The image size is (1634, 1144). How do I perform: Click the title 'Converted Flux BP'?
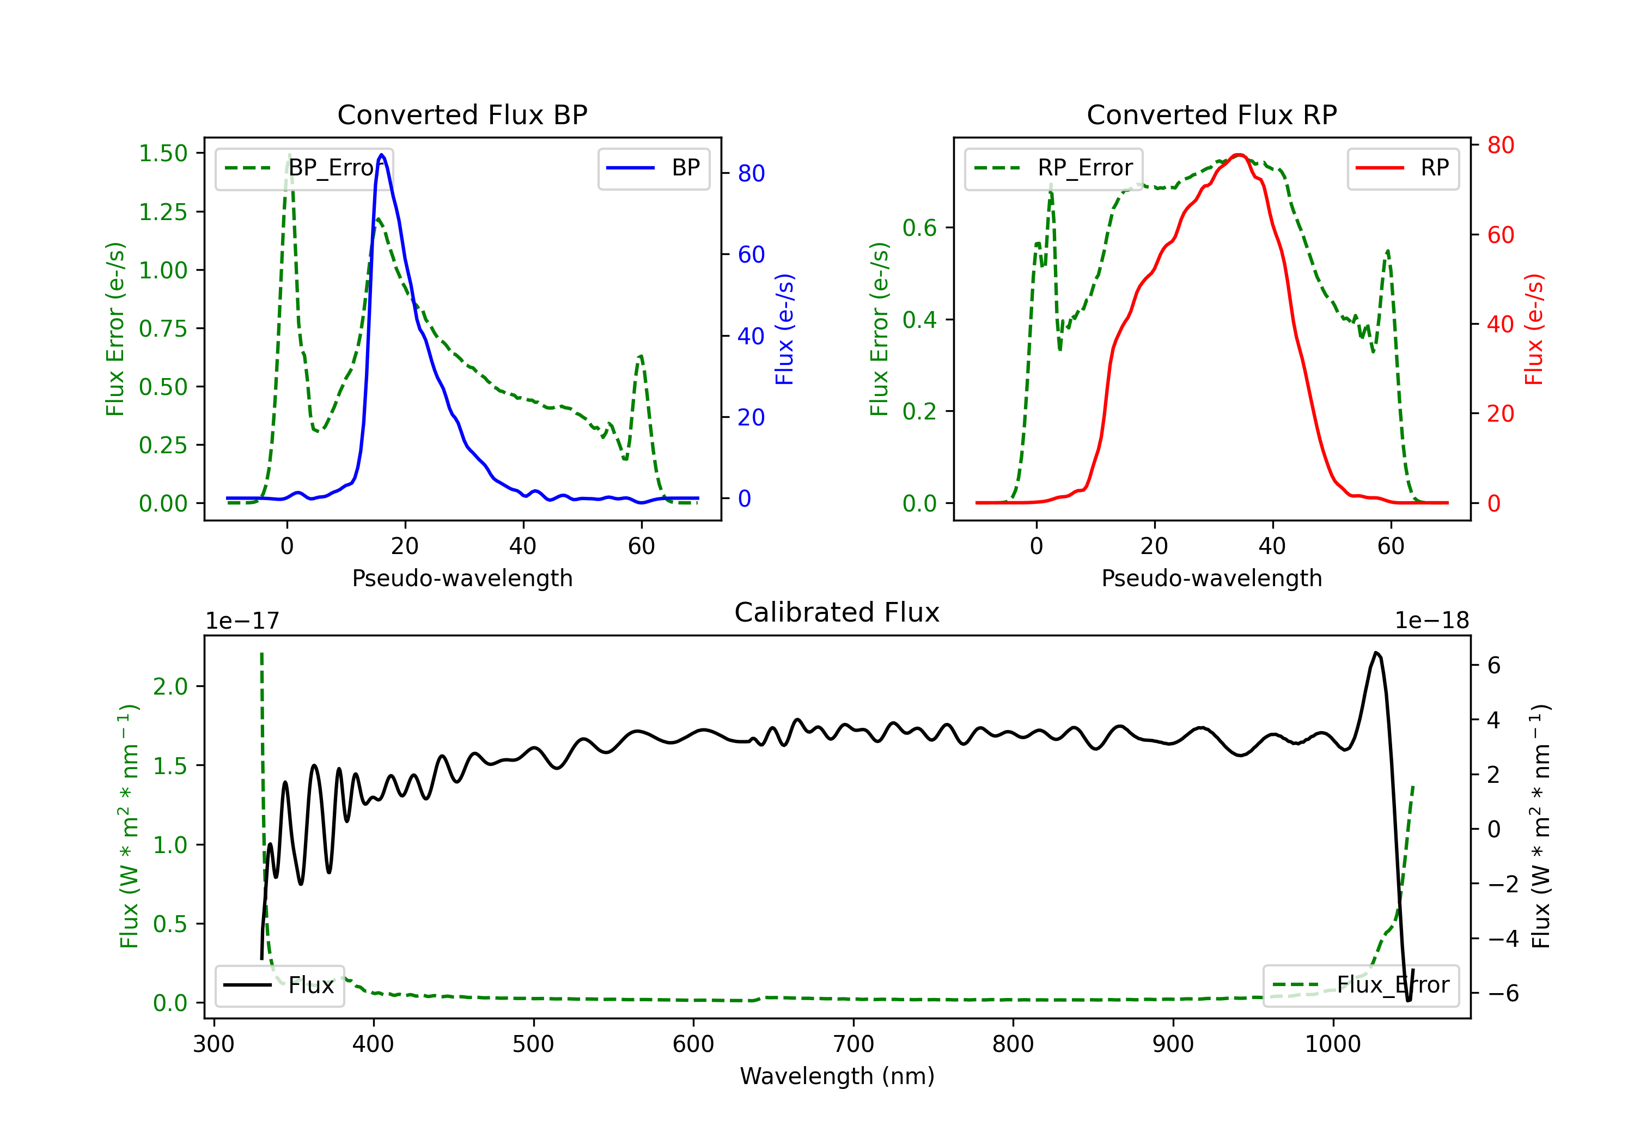point(462,114)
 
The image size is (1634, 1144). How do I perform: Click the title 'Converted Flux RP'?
point(1211,114)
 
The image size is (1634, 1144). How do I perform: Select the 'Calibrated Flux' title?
point(837,612)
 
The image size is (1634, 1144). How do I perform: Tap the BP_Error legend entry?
point(304,168)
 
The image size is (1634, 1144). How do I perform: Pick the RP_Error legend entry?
point(1054,168)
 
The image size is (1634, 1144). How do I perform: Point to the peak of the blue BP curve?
point(382,155)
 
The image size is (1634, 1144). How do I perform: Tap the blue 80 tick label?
point(751,173)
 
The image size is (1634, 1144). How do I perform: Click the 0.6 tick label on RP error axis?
point(919,228)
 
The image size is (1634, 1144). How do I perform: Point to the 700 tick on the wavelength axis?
point(853,1044)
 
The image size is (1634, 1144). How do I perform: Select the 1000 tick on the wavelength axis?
point(1332,1044)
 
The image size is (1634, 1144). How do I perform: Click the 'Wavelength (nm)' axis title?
point(837,1076)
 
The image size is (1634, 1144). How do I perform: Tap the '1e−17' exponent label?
point(242,621)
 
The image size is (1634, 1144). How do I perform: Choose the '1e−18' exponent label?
point(1432,621)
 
